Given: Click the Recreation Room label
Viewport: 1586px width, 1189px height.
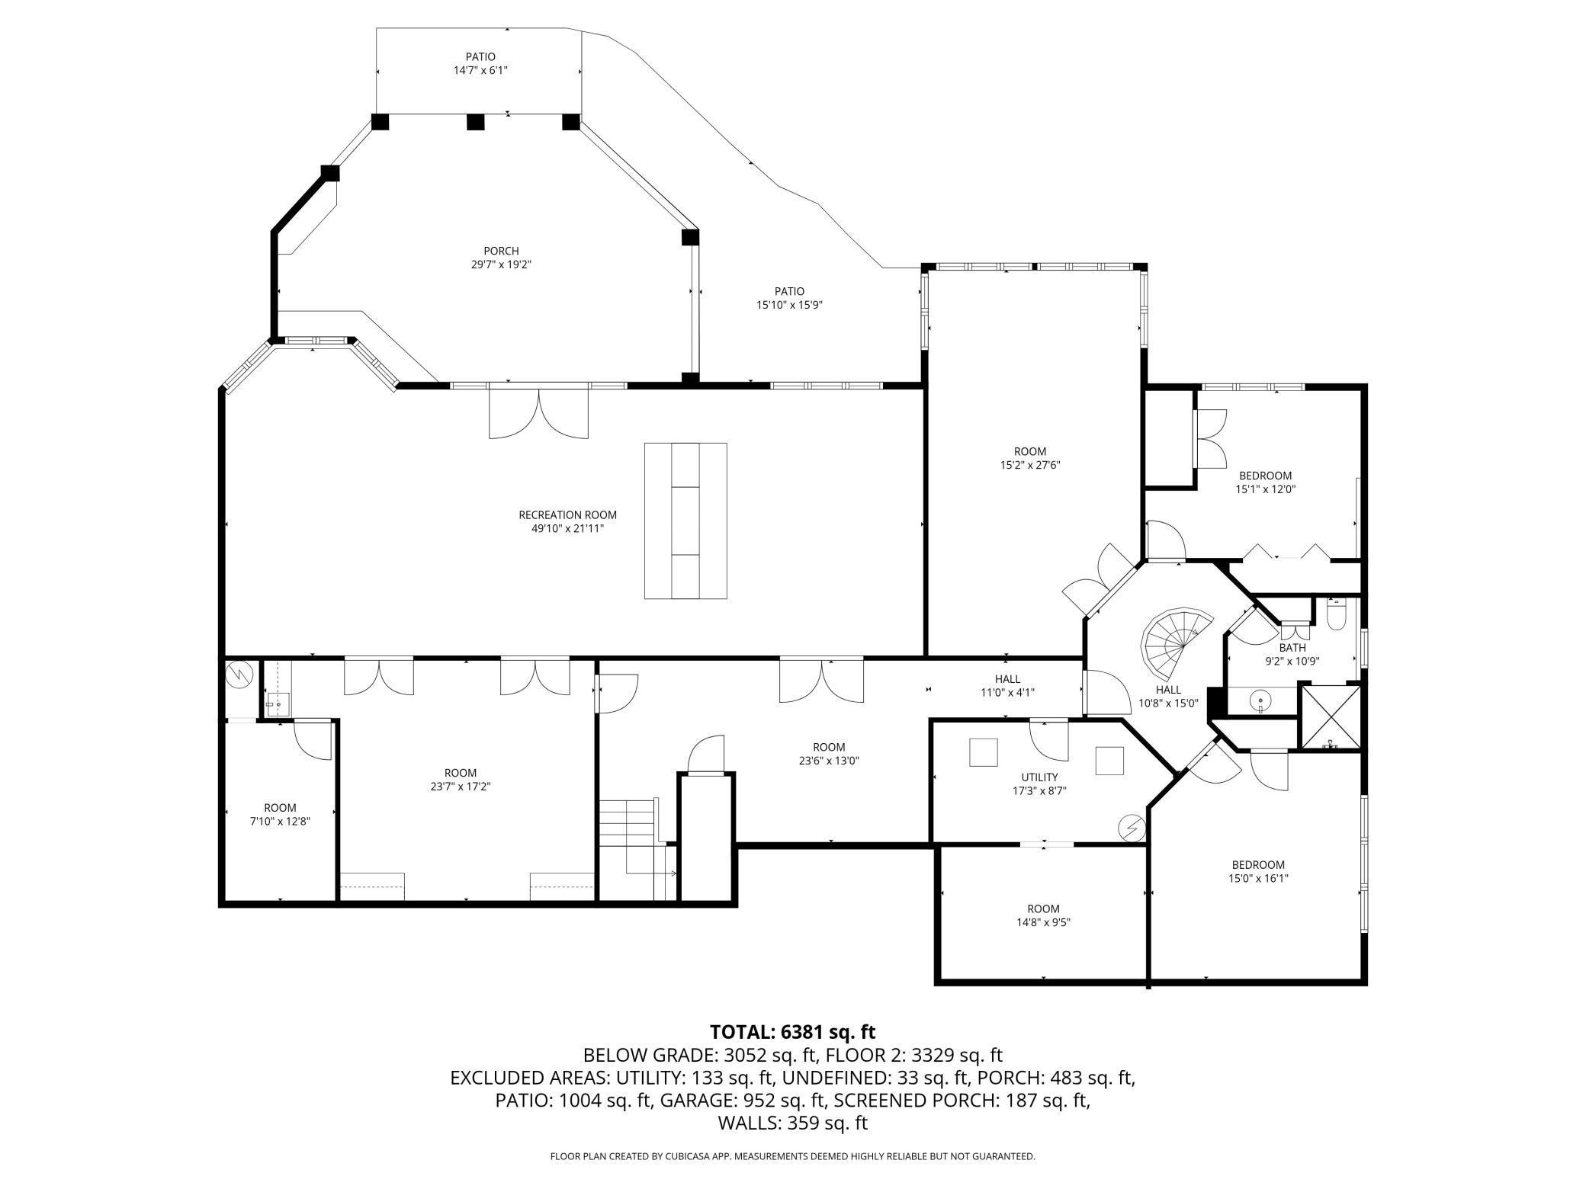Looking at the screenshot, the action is tap(567, 521).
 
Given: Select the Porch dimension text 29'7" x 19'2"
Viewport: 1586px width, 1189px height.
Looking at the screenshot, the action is tap(501, 264).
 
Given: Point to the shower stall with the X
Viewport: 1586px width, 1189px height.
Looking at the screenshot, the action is tap(1331, 716).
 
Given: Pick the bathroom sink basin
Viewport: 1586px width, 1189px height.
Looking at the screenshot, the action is tap(1261, 700).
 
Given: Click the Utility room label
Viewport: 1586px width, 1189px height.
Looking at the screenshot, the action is tap(1039, 784).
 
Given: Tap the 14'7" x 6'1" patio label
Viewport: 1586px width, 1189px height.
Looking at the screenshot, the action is tap(480, 63).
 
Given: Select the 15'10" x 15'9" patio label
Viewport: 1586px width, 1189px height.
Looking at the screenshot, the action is tap(789, 298).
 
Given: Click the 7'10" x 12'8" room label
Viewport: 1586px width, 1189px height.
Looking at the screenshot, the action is tap(280, 815).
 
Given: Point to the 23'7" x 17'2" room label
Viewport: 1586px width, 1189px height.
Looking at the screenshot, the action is tap(461, 780).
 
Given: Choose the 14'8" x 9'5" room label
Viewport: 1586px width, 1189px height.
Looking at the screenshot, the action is tap(1043, 915).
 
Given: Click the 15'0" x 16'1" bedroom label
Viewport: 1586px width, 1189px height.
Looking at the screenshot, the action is tap(1258, 871).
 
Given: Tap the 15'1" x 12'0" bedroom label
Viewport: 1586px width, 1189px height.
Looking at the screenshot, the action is tap(1265, 482).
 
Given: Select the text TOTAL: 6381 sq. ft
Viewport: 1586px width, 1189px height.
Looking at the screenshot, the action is tap(793, 1032).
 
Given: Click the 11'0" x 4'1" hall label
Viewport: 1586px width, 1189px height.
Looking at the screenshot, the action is tap(1007, 686).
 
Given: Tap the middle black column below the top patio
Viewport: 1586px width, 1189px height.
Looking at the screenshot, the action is tap(476, 122).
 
